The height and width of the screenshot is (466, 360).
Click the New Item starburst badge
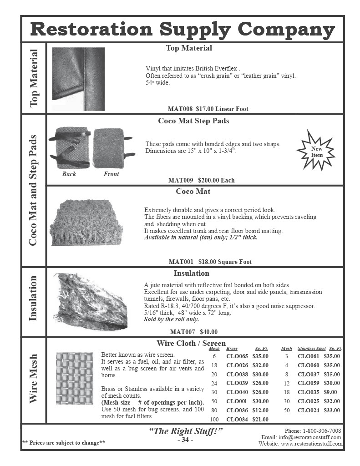pyautogui.click(x=317, y=152)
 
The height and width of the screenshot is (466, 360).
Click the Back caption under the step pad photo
pyautogui.click(x=69, y=174)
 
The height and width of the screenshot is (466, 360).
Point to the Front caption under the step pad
pyautogui.click(x=111, y=174)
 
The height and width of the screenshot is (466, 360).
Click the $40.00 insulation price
pyautogui.click(x=208, y=332)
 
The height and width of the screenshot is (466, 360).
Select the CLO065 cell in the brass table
pyautogui.click(x=237, y=356)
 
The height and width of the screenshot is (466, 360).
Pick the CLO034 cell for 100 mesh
pyautogui.click(x=237, y=419)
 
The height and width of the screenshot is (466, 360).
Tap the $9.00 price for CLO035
pyautogui.click(x=330, y=392)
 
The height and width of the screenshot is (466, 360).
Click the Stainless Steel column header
pyautogui.click(x=311, y=349)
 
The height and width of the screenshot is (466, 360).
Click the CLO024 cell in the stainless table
pyautogui.click(x=309, y=410)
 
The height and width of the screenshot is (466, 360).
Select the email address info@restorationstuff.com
pyautogui.click(x=309, y=437)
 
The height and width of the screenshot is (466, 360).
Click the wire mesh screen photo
pyautogui.click(x=74, y=378)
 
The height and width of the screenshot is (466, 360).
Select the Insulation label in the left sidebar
pyautogui.click(x=33, y=299)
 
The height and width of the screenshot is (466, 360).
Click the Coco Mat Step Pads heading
pyautogui.click(x=193, y=121)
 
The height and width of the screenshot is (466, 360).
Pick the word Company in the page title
pyautogui.click(x=287, y=30)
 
